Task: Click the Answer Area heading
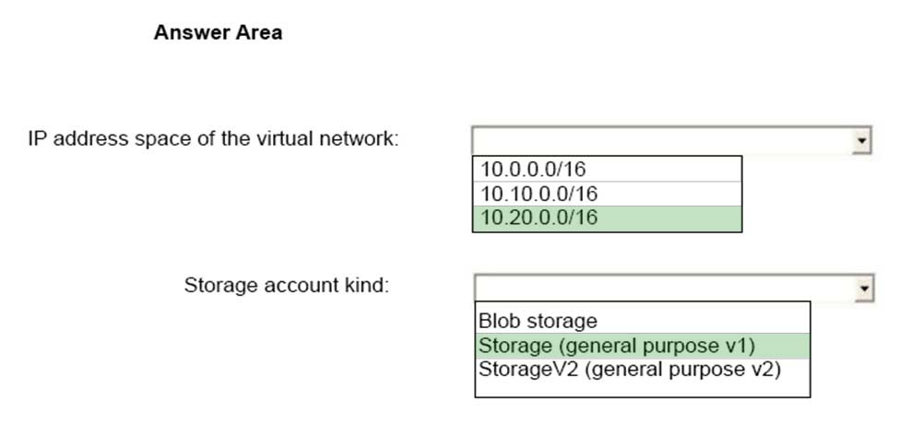tap(218, 32)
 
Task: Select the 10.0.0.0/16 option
tap(533, 169)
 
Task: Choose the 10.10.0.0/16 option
tap(539, 193)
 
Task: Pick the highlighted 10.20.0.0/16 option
tap(539, 218)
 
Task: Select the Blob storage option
tap(538, 321)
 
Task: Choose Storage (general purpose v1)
tap(617, 346)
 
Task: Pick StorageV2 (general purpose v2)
tap(629, 370)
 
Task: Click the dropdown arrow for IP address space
tap(862, 141)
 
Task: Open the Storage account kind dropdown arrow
tap(865, 289)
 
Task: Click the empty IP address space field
tap(663, 140)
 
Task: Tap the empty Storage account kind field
tap(665, 289)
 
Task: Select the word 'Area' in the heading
tap(258, 32)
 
